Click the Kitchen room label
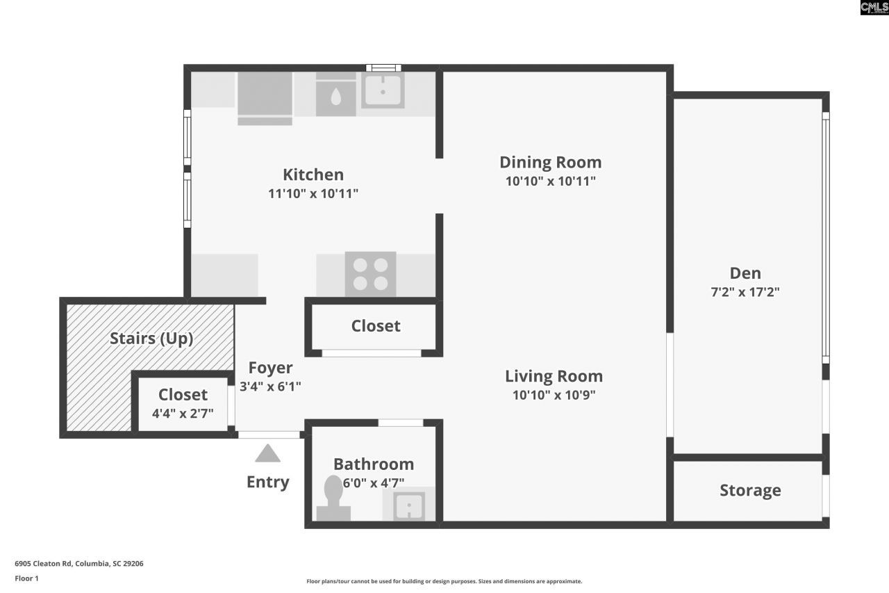point(313,174)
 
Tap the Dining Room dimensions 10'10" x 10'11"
point(550,181)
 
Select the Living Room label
point(554,376)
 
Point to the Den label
point(745,273)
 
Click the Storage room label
point(749,491)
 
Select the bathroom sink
point(409,506)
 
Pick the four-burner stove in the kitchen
point(370,274)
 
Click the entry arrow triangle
point(267,455)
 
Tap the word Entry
point(267,482)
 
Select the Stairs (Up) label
point(151,339)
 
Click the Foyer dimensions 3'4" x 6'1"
point(270,387)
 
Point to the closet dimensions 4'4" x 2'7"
point(183,413)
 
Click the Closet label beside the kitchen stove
point(375,326)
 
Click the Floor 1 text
point(26,578)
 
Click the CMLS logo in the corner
point(874,8)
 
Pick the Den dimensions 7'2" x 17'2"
point(745,292)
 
